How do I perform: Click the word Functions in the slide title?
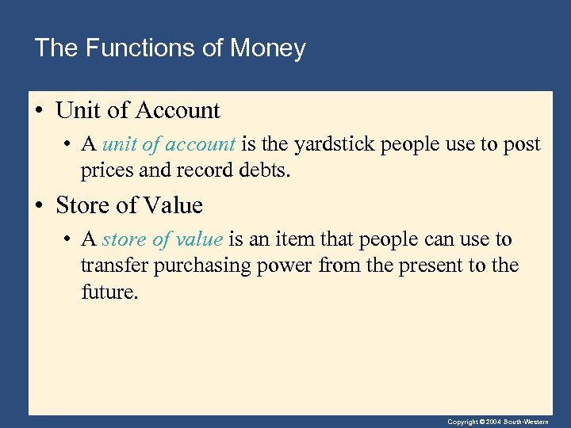coord(140,48)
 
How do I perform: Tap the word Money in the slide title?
coord(267,48)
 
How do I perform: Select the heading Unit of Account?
coord(138,111)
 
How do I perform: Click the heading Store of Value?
coord(129,206)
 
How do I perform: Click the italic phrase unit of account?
coord(169,145)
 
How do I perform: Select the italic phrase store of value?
coord(163,240)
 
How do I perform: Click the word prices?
coord(102,170)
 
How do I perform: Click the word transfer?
coord(113,266)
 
